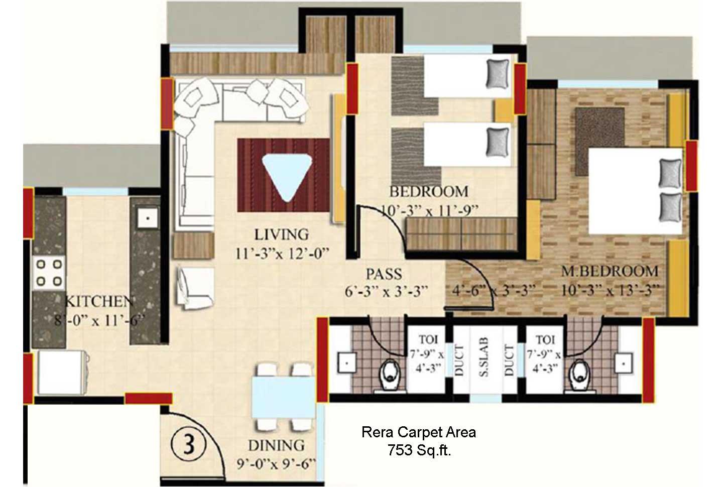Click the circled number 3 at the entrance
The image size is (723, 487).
pos(188,444)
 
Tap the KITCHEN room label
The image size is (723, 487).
pos(99,301)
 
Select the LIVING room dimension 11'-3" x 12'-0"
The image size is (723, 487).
pos(282,253)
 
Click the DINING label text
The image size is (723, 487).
pos(276,445)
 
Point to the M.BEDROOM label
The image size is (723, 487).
pos(610,271)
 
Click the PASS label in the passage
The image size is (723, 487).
pos(384,274)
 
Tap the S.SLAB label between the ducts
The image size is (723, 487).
pos(485,357)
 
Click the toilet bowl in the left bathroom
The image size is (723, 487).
pos(390,376)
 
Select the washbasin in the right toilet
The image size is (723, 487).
pos(624,363)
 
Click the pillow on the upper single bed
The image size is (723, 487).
pos(498,73)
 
